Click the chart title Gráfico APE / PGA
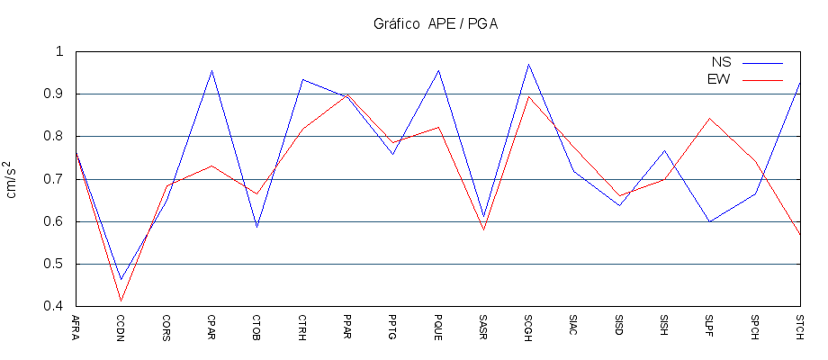[436, 24]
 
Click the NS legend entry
[721, 62]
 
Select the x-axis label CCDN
[121, 326]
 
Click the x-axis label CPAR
[211, 326]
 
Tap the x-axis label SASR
[483, 326]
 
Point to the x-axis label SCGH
[528, 326]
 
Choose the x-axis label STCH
[800, 326]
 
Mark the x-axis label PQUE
[438, 326]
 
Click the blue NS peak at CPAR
[211, 70]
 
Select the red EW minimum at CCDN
[121, 301]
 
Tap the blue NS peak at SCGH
[528, 64]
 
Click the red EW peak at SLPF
[710, 118]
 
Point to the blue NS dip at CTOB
[256, 227]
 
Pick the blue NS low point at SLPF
[710, 221]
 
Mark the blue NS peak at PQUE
[438, 70]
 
